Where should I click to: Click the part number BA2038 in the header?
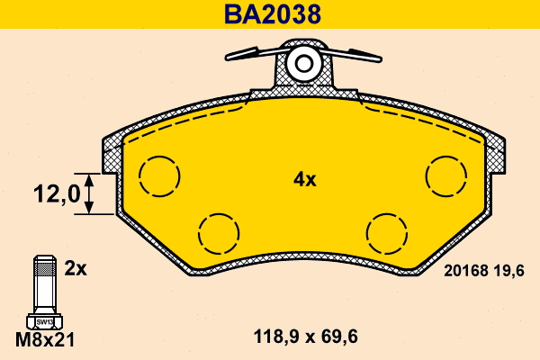click(273, 14)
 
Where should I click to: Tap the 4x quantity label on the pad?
click(305, 179)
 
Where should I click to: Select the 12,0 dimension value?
click(57, 193)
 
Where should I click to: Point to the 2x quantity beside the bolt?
click(76, 268)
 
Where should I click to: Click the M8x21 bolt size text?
click(45, 340)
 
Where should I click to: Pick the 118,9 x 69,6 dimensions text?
click(305, 337)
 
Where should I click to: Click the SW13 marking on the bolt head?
click(45, 322)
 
